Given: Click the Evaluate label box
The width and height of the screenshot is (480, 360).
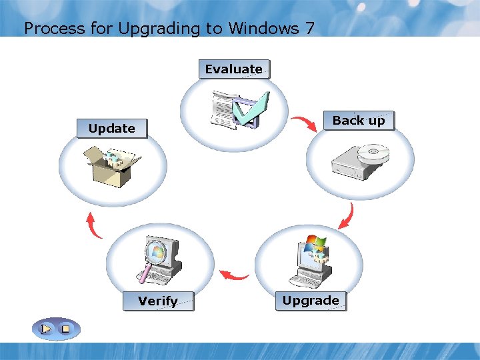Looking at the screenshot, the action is coord(234,69).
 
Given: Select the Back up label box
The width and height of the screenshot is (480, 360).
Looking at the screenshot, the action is coord(359,121).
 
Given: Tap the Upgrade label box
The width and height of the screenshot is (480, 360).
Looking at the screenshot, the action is coord(311,301).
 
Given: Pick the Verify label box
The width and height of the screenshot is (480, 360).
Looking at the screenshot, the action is coord(158,301).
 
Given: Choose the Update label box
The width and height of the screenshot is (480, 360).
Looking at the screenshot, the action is coord(112,129).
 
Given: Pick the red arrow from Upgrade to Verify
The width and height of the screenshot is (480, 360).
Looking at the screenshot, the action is coord(235,274).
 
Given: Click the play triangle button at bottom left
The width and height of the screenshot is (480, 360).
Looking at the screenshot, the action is coord(46,329).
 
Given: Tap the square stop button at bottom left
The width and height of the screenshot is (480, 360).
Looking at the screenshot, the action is coord(65,329).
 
